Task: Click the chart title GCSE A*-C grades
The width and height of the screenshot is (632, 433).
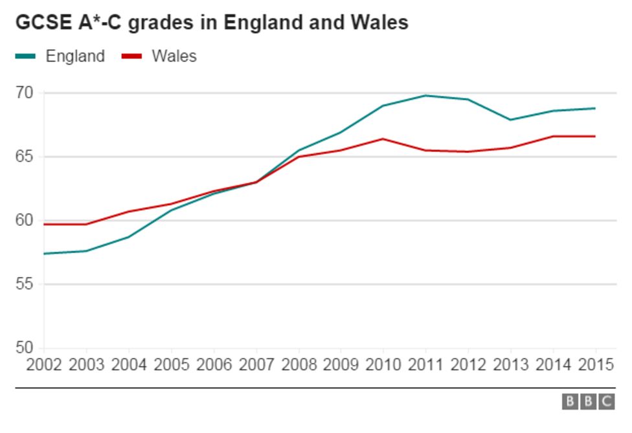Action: tap(212, 22)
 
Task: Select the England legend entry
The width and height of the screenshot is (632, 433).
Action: tap(74, 56)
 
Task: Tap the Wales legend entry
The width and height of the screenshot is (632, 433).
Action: tap(174, 56)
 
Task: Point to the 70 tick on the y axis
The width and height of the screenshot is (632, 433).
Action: tap(24, 93)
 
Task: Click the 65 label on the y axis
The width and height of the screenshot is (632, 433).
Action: tap(24, 157)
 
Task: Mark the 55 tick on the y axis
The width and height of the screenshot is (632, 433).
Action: tap(24, 284)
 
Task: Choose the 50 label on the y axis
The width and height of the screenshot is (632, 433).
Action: tap(24, 348)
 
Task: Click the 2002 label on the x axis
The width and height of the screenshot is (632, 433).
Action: tap(44, 365)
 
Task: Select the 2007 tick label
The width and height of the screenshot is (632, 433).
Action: tap(256, 365)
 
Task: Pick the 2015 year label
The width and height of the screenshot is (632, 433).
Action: tap(596, 365)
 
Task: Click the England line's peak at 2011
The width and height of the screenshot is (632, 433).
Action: tap(425, 95)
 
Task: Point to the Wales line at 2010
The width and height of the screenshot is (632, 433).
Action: tap(383, 139)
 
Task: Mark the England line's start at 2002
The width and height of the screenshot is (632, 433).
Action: tap(44, 254)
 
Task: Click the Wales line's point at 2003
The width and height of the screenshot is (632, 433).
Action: tap(86, 224)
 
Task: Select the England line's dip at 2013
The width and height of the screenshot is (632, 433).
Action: tap(510, 120)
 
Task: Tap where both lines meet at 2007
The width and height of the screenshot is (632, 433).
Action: tap(256, 182)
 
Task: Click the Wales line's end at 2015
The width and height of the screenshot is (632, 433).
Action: tap(595, 136)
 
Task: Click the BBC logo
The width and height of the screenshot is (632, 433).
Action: tap(588, 402)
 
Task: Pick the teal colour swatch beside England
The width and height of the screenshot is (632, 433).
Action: tap(25, 56)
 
